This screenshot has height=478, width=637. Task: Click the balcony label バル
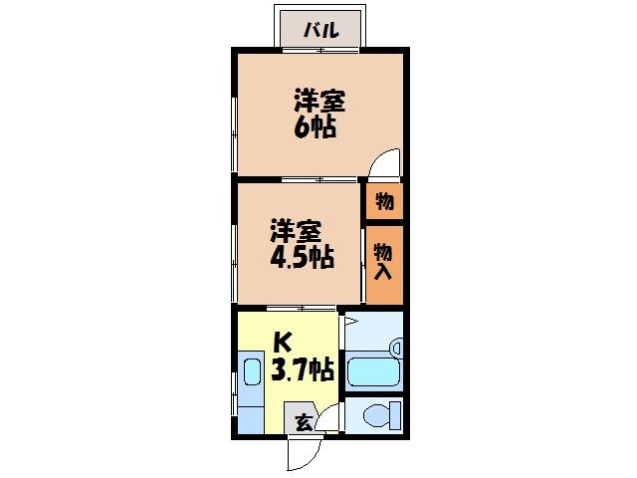(321, 30)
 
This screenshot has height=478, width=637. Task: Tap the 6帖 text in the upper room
(315, 127)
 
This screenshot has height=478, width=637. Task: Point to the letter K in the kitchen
(282, 343)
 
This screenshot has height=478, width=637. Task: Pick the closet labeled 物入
(384, 265)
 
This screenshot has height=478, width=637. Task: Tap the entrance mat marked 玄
(302, 421)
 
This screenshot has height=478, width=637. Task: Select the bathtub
(371, 371)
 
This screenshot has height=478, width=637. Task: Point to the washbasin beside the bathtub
(395, 348)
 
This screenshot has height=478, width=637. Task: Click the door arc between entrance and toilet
(328, 416)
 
